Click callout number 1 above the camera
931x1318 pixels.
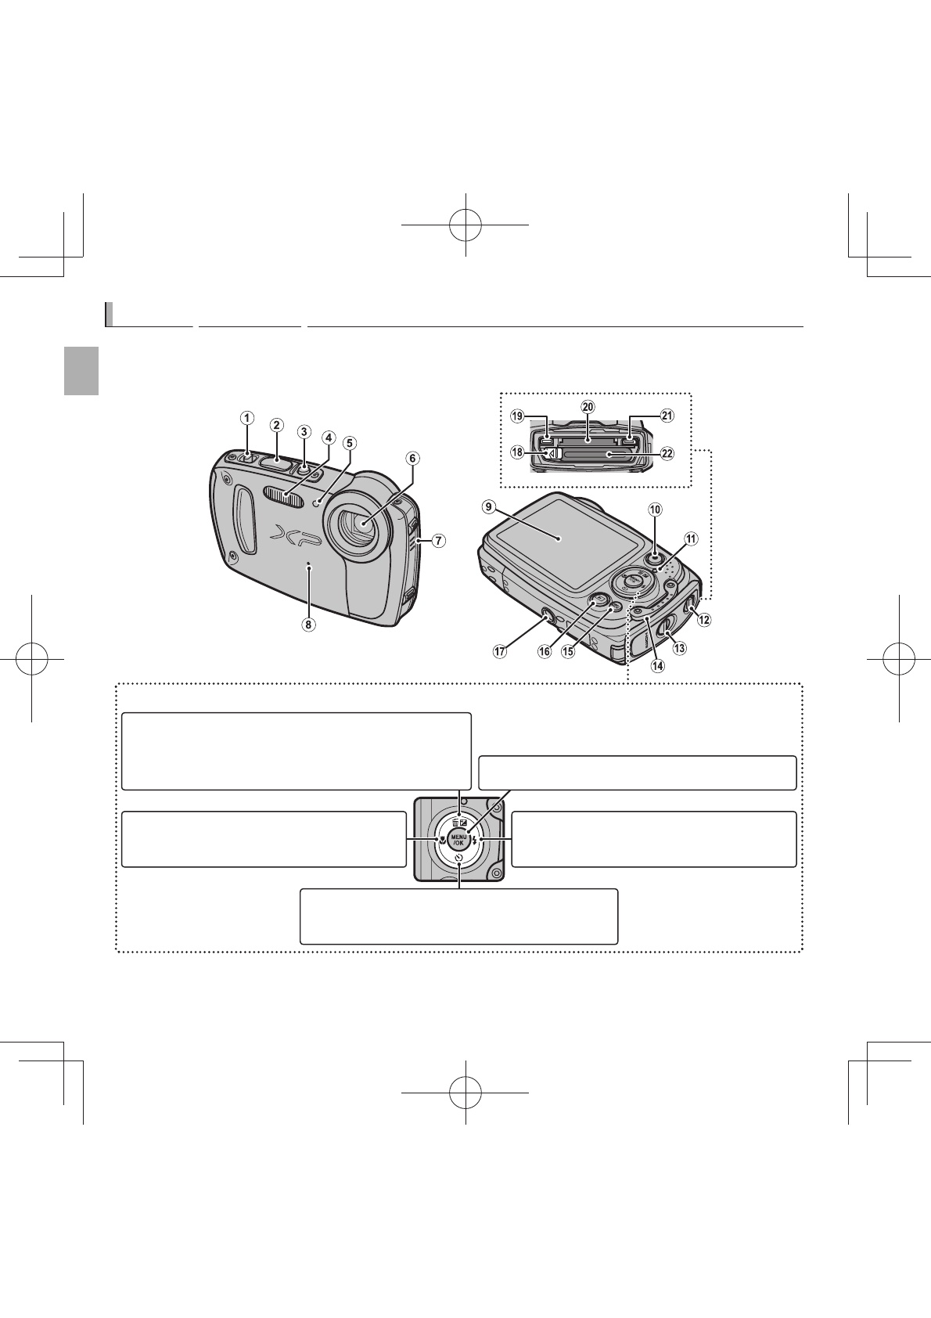pyautogui.click(x=246, y=418)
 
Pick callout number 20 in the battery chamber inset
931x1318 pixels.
pyautogui.click(x=588, y=407)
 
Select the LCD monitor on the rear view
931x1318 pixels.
pyautogui.click(x=558, y=538)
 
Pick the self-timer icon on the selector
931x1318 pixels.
pyautogui.click(x=458, y=858)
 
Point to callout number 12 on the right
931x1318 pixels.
pyautogui.click(x=704, y=620)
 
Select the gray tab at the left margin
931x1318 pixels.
pyautogui.click(x=81, y=372)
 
